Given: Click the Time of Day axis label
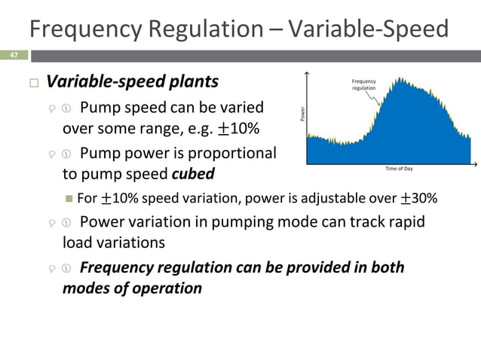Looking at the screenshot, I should (x=399, y=169).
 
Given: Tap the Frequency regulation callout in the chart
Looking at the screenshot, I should (x=363, y=84).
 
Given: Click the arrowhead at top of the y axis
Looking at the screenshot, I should (x=307, y=73).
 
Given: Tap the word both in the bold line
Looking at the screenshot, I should (x=386, y=267).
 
